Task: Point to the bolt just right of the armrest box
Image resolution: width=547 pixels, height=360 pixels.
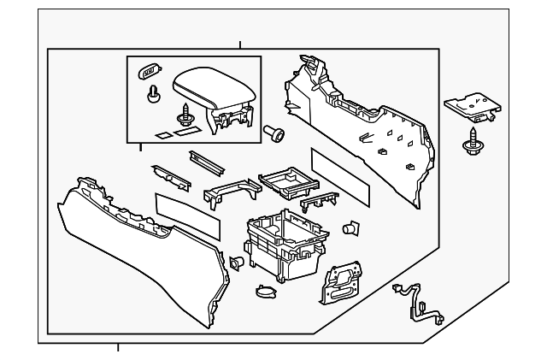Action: [x=273, y=132]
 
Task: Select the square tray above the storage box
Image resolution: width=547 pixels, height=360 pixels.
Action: [x=284, y=180]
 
